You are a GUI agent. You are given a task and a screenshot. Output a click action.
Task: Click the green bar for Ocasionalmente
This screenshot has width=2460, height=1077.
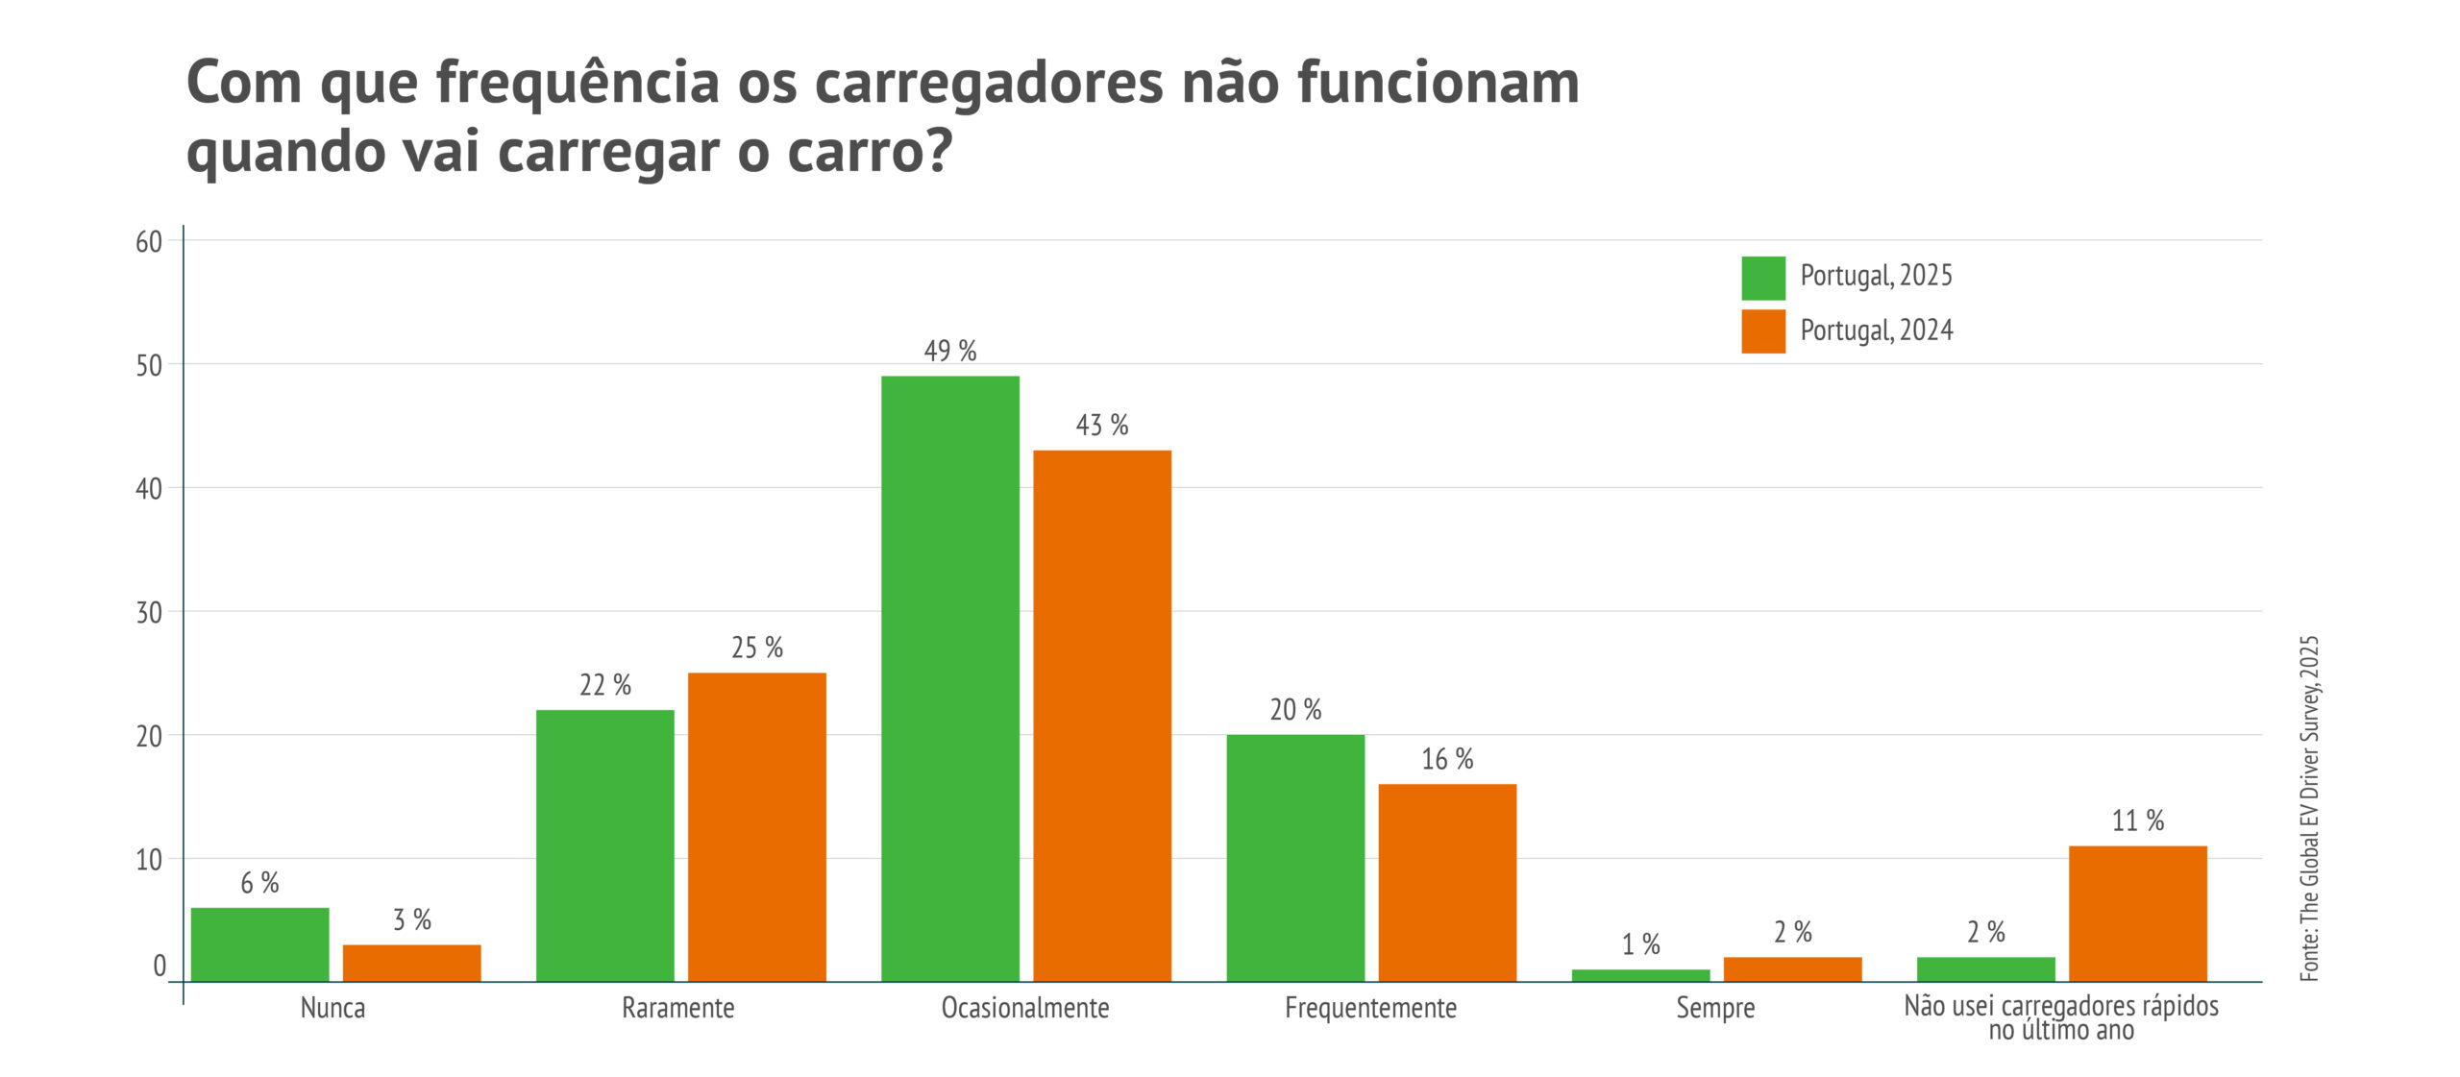[x=949, y=678]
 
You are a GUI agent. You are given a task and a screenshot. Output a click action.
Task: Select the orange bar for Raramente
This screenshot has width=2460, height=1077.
[x=757, y=826]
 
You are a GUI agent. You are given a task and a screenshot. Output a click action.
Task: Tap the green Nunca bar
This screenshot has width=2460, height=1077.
[x=259, y=943]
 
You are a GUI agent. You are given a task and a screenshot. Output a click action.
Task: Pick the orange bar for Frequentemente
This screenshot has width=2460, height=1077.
[x=1447, y=882]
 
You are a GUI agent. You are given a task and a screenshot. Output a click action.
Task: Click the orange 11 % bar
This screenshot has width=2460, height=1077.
[x=2137, y=913]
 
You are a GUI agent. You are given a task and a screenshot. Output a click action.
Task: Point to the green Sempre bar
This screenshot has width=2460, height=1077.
[x=1640, y=975]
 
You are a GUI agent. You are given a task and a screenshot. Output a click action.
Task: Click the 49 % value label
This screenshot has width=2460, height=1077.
[x=949, y=351]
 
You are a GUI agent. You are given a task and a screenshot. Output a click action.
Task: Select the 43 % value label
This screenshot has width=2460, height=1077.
[x=1101, y=425]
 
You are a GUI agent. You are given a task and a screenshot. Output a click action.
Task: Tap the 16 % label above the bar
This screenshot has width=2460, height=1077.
[x=1447, y=759]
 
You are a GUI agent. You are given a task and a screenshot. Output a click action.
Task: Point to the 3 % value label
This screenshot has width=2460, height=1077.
[x=411, y=919]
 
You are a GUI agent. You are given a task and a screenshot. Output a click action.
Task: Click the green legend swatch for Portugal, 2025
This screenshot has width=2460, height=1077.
[x=1763, y=278]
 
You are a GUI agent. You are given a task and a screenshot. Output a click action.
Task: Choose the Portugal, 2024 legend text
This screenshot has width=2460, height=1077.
[x=1876, y=330]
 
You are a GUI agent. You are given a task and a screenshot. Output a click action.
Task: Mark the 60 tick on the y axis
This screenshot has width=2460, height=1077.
[x=149, y=242]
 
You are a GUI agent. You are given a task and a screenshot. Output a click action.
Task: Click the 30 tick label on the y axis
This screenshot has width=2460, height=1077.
[x=149, y=612]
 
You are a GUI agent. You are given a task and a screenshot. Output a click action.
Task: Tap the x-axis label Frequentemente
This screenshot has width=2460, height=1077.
[x=1370, y=1008]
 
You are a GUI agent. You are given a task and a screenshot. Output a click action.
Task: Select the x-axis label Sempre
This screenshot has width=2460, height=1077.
[x=1715, y=1008]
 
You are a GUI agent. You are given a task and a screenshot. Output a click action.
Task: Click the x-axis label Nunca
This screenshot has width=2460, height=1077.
[x=332, y=1008]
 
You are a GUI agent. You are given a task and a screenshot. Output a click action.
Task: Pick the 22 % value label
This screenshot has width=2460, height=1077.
[x=604, y=685]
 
